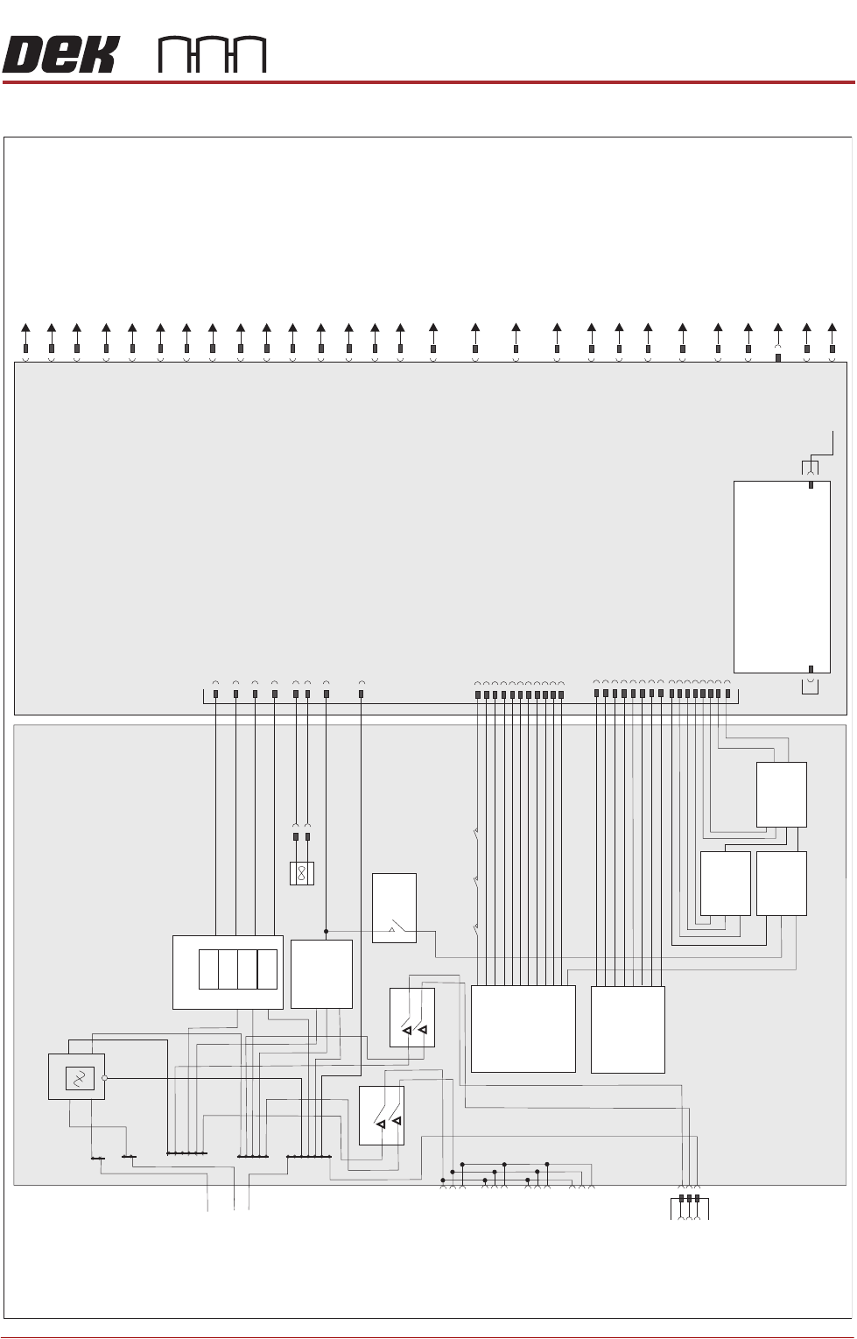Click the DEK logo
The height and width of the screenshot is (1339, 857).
point(60,55)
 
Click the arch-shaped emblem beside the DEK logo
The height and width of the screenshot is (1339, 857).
point(212,55)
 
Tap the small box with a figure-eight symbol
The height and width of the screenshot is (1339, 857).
point(302,873)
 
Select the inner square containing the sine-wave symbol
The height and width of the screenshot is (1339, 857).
point(80,1078)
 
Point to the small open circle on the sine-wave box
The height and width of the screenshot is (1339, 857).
point(104,1078)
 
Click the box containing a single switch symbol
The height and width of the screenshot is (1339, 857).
point(394,908)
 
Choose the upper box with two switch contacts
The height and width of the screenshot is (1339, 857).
point(411,1018)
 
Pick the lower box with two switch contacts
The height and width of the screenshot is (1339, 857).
point(382,1116)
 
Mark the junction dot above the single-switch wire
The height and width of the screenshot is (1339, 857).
point(327,931)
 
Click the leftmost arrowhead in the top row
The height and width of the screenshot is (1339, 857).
point(25,328)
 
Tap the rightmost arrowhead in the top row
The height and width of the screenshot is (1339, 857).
point(832,328)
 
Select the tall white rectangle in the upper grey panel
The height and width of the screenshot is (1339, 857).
point(782,577)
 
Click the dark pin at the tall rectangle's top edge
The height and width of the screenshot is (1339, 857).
point(811,485)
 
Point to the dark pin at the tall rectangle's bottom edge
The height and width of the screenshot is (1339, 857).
point(811,669)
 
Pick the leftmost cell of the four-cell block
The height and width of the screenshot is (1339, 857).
point(208,969)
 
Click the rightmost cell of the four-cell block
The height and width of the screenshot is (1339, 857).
point(267,969)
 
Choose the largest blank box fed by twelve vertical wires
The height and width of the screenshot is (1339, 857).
point(523,1029)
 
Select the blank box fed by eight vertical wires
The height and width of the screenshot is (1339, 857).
point(628,1029)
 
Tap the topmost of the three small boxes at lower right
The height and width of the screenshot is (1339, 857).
point(782,794)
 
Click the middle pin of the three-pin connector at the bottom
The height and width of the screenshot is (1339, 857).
point(689,1199)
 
